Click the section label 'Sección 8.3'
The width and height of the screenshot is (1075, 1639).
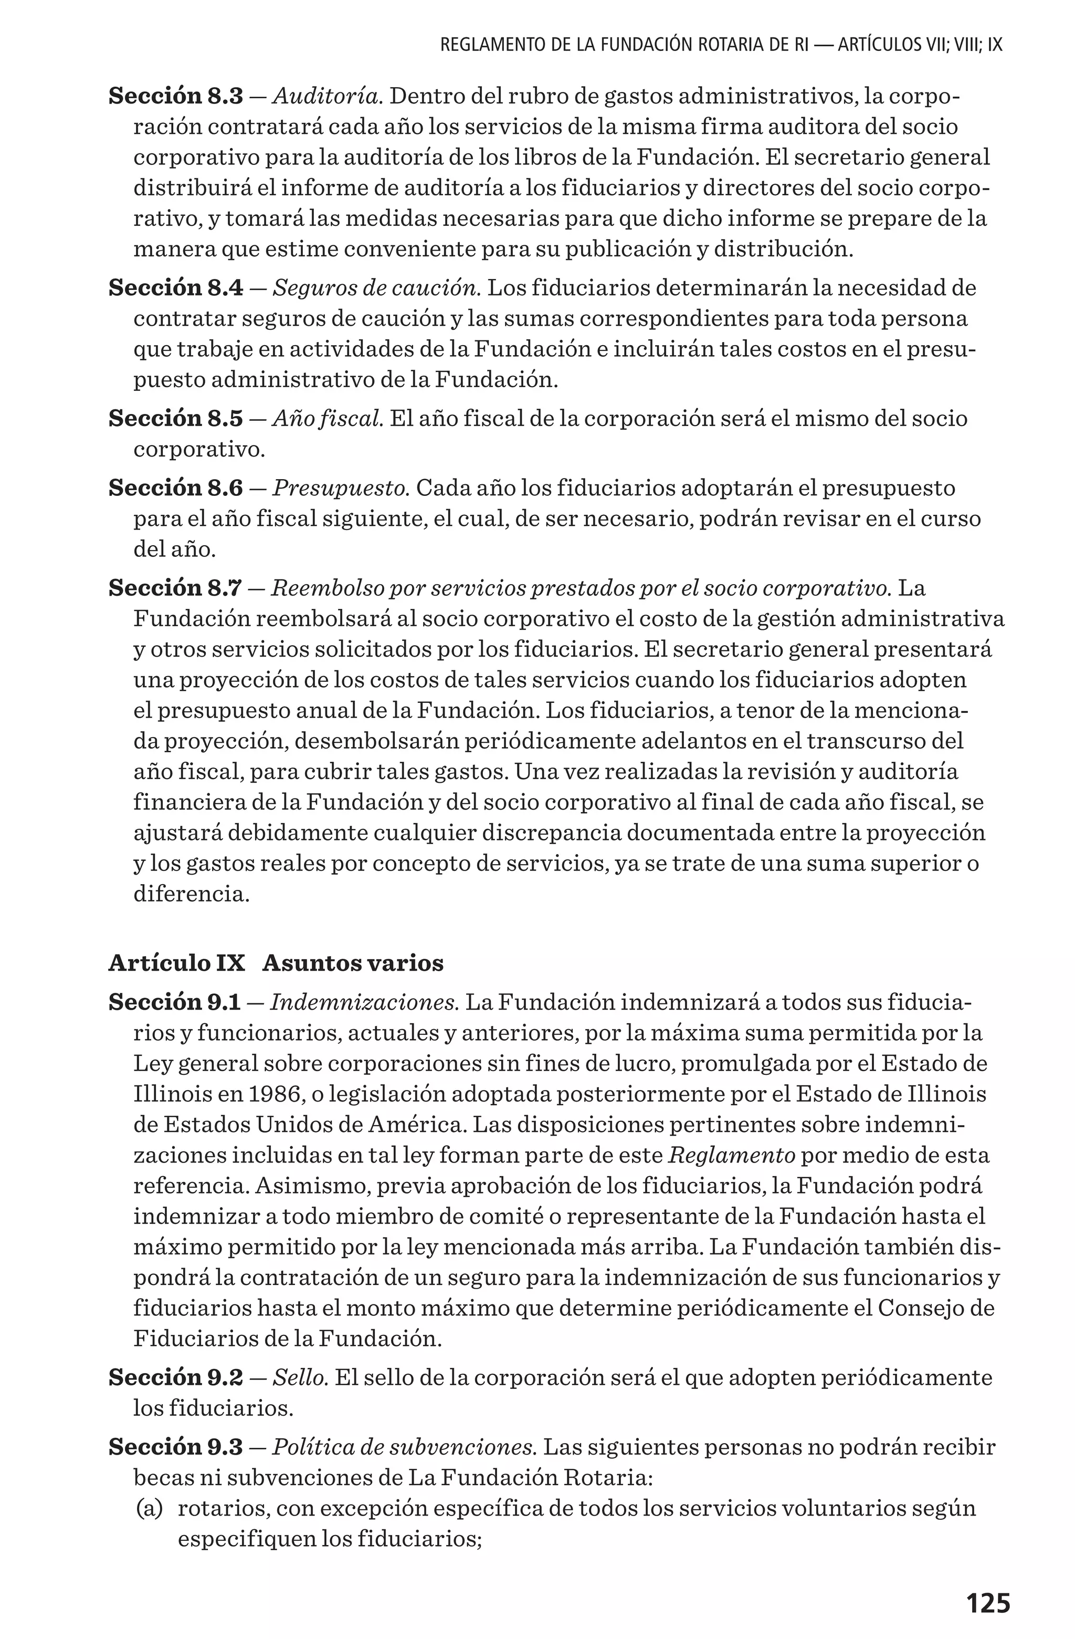(175, 97)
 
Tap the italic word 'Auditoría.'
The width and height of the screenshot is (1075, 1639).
(328, 97)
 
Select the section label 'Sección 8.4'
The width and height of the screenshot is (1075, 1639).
(175, 288)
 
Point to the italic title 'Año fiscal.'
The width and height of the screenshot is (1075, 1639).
(328, 419)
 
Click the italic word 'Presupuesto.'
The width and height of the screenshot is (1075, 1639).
(341, 488)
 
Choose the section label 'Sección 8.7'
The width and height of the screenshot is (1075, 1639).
(175, 588)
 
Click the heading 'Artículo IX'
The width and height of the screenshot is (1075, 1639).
(176, 963)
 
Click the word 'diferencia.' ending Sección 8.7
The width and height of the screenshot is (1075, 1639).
(191, 895)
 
